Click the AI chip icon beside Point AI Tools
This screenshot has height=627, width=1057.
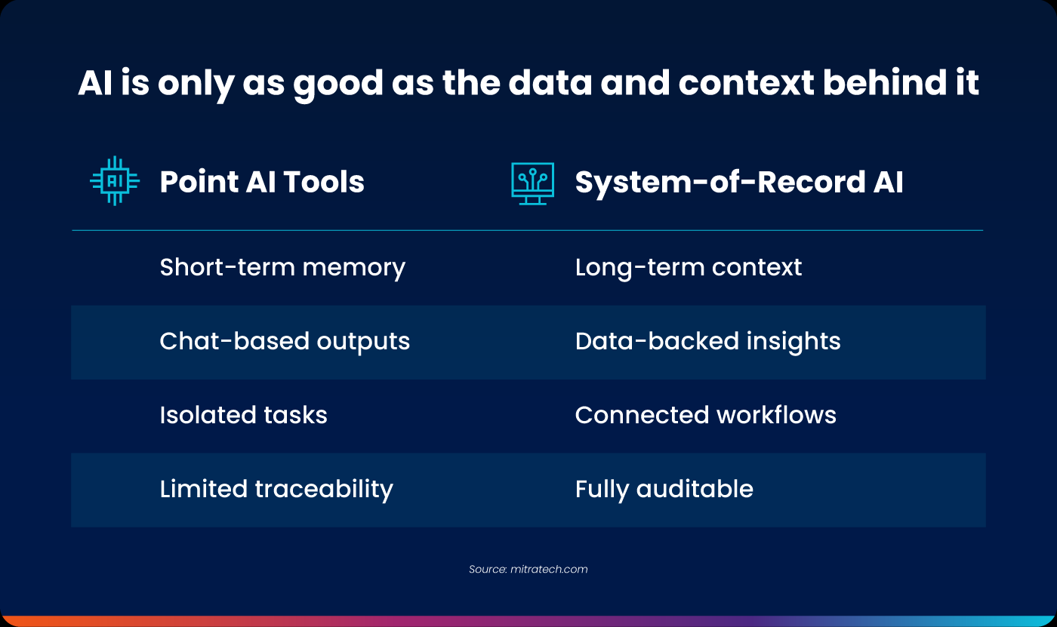(115, 181)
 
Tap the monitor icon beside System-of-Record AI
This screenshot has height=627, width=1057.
(532, 183)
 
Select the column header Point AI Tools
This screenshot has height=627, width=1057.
(262, 183)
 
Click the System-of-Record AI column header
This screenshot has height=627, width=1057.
(738, 183)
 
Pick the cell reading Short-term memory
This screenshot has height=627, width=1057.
(282, 267)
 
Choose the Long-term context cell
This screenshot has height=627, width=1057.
(688, 267)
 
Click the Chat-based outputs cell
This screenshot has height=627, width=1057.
(285, 341)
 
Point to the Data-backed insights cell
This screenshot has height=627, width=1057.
(707, 341)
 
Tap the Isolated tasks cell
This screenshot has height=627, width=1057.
(243, 415)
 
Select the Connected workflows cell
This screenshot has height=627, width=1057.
(705, 415)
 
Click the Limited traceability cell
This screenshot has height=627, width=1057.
(276, 489)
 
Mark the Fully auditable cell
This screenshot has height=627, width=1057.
(664, 489)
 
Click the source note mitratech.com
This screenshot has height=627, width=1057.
(528, 569)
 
